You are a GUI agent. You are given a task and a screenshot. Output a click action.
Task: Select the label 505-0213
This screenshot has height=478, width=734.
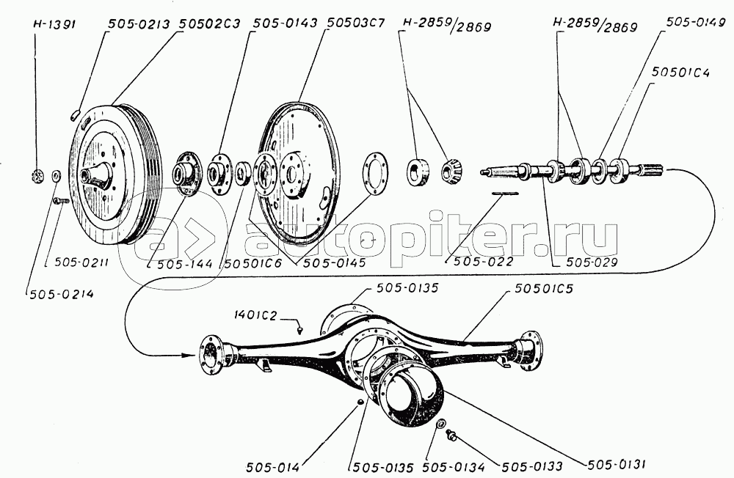137,24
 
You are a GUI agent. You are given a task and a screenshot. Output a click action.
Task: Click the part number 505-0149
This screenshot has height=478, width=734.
692,24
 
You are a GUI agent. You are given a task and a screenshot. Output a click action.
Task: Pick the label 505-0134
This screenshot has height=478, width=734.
448,466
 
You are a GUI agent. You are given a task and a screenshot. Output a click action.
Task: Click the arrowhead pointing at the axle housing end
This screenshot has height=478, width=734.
192,355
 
